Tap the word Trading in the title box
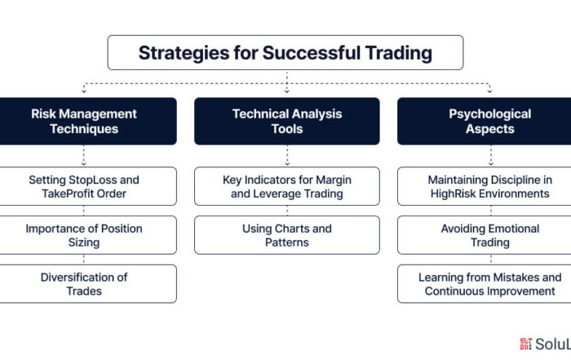(x=399, y=53)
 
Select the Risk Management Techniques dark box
(x=88, y=121)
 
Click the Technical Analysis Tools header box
(x=287, y=121)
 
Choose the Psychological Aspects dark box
(x=484, y=121)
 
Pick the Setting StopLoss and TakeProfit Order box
(x=88, y=186)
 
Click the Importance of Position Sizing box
(x=88, y=235)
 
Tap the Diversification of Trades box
(x=88, y=284)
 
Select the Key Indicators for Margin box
(x=287, y=186)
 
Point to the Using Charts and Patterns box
(x=287, y=235)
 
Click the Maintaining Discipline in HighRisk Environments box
(x=484, y=186)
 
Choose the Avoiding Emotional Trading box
(x=484, y=235)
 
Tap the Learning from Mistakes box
(x=484, y=284)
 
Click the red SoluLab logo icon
(x=526, y=344)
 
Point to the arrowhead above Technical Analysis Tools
(x=287, y=91)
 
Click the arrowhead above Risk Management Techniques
(x=84, y=91)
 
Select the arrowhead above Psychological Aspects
(x=489, y=91)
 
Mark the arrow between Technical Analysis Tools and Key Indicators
(x=287, y=156)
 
